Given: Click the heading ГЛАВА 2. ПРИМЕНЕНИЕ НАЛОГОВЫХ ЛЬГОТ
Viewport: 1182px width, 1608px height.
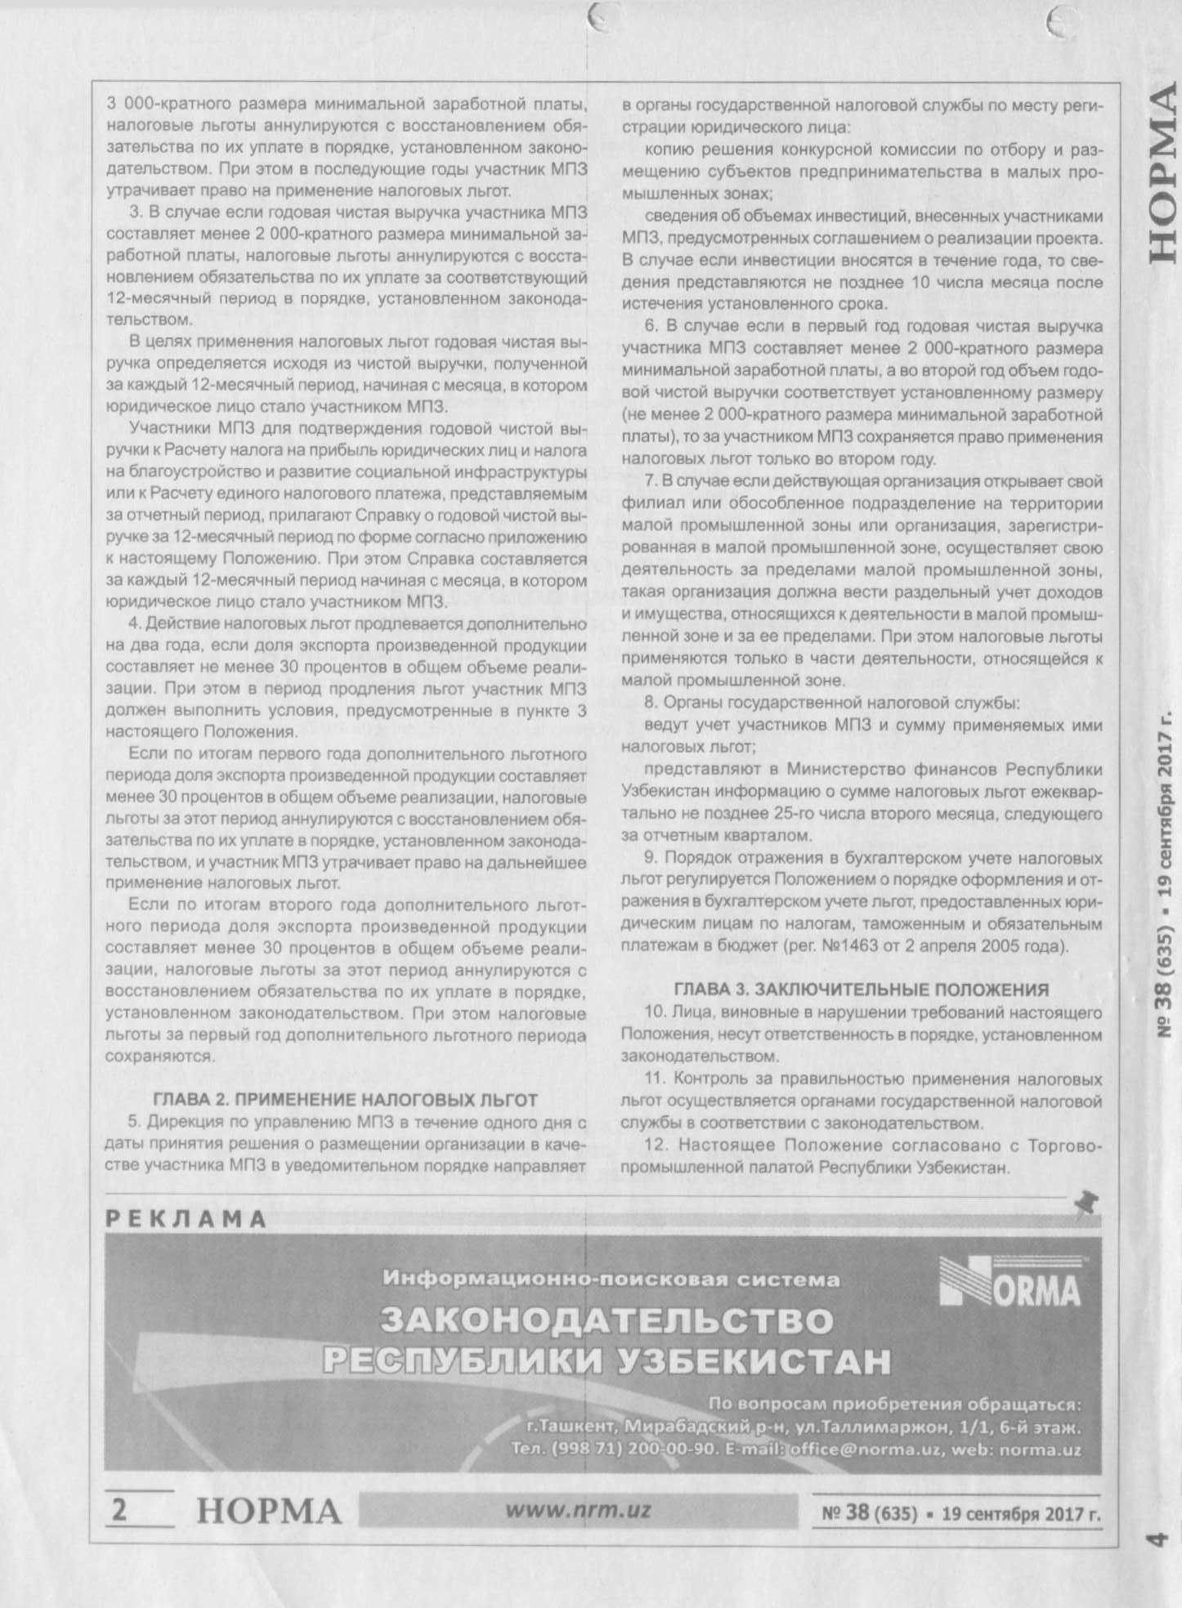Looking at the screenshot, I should pos(346,1099).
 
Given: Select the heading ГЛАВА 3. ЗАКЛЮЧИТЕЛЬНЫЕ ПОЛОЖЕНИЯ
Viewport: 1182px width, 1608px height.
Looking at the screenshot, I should pos(861,989).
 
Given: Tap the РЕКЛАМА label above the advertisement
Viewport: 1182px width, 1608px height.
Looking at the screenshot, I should pos(186,1220).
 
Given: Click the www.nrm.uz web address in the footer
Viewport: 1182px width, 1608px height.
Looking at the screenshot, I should pos(578,1510).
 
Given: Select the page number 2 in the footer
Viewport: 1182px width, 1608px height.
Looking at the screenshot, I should pos(119,1510).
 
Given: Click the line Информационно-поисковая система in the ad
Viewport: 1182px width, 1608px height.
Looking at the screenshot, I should pos(611,1279).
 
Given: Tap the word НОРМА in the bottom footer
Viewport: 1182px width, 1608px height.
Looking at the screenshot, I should pos(269,1512).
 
